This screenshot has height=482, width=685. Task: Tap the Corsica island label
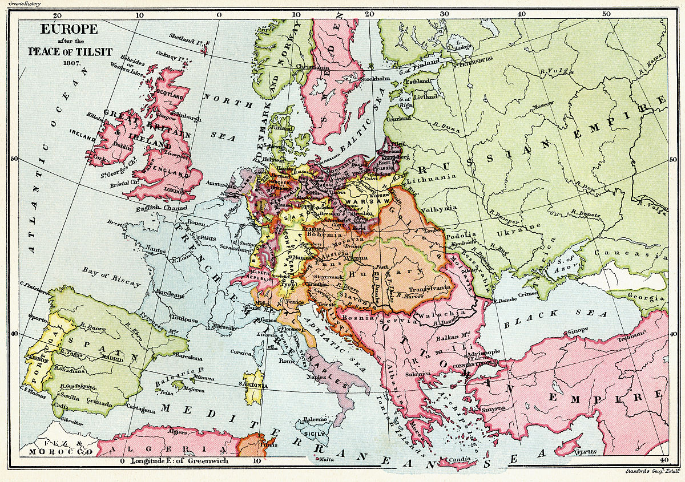pyautogui.click(x=242, y=353)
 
